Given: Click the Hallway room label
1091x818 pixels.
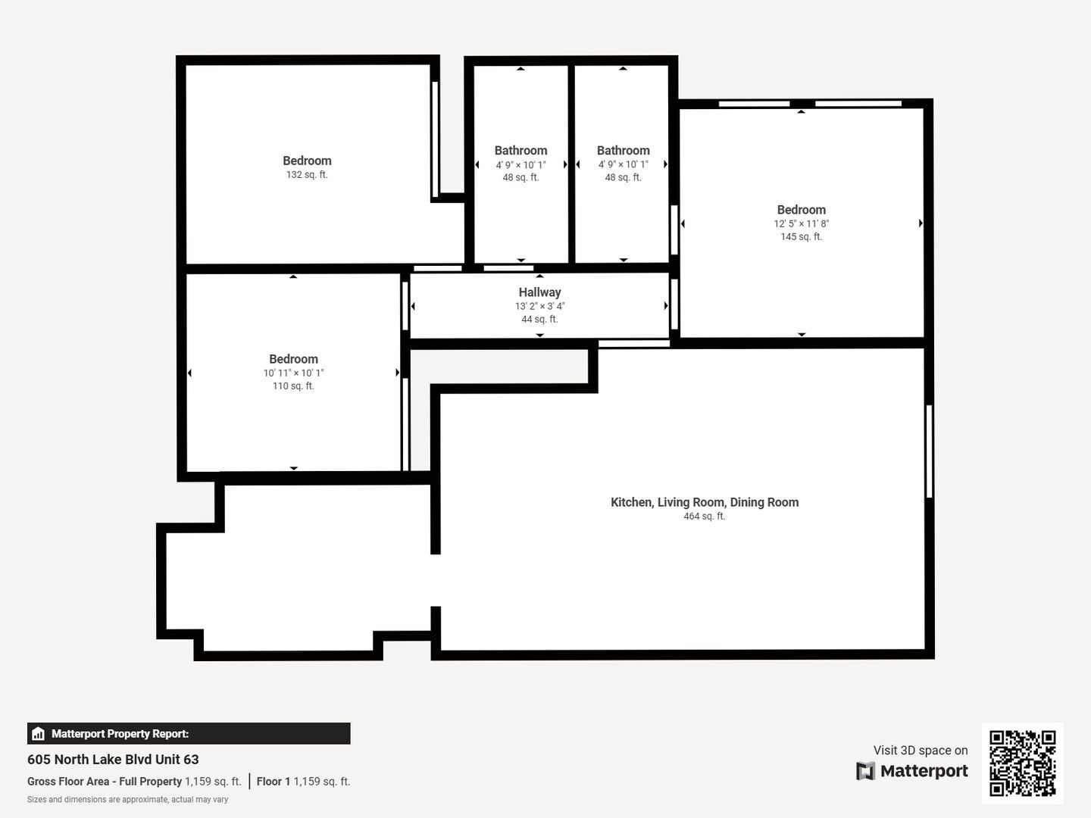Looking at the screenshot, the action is (539, 292).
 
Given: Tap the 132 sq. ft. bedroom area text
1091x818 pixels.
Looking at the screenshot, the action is (307, 175).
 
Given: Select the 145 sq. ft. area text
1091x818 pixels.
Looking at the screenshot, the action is (802, 237).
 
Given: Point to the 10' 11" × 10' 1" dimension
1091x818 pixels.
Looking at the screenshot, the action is (293, 373).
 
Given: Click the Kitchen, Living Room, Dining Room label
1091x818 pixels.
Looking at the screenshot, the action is (705, 503).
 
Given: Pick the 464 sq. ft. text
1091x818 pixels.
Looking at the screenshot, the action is (705, 517).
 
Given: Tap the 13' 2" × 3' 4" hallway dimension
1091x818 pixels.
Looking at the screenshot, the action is (539, 307).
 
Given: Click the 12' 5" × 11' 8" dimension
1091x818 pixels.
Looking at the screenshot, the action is (802, 224).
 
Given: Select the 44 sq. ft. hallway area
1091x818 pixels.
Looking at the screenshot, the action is (539, 320).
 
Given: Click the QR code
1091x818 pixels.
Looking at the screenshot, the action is (1022, 763).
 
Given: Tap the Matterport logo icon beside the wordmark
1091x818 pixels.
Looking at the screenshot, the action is (865, 771).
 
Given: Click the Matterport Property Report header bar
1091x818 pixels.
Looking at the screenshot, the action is (189, 734).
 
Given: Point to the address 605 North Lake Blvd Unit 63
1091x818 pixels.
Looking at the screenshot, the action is (113, 760).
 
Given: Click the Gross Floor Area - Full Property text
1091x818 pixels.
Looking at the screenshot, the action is (105, 782).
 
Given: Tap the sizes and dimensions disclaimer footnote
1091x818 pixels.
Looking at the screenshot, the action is (127, 800).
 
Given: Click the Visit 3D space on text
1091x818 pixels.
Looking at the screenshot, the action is (921, 751).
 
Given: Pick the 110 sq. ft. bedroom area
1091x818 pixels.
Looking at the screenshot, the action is (293, 386).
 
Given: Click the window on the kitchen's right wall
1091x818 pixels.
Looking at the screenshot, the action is (929, 451).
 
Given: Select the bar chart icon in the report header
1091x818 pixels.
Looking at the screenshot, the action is (39, 734).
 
